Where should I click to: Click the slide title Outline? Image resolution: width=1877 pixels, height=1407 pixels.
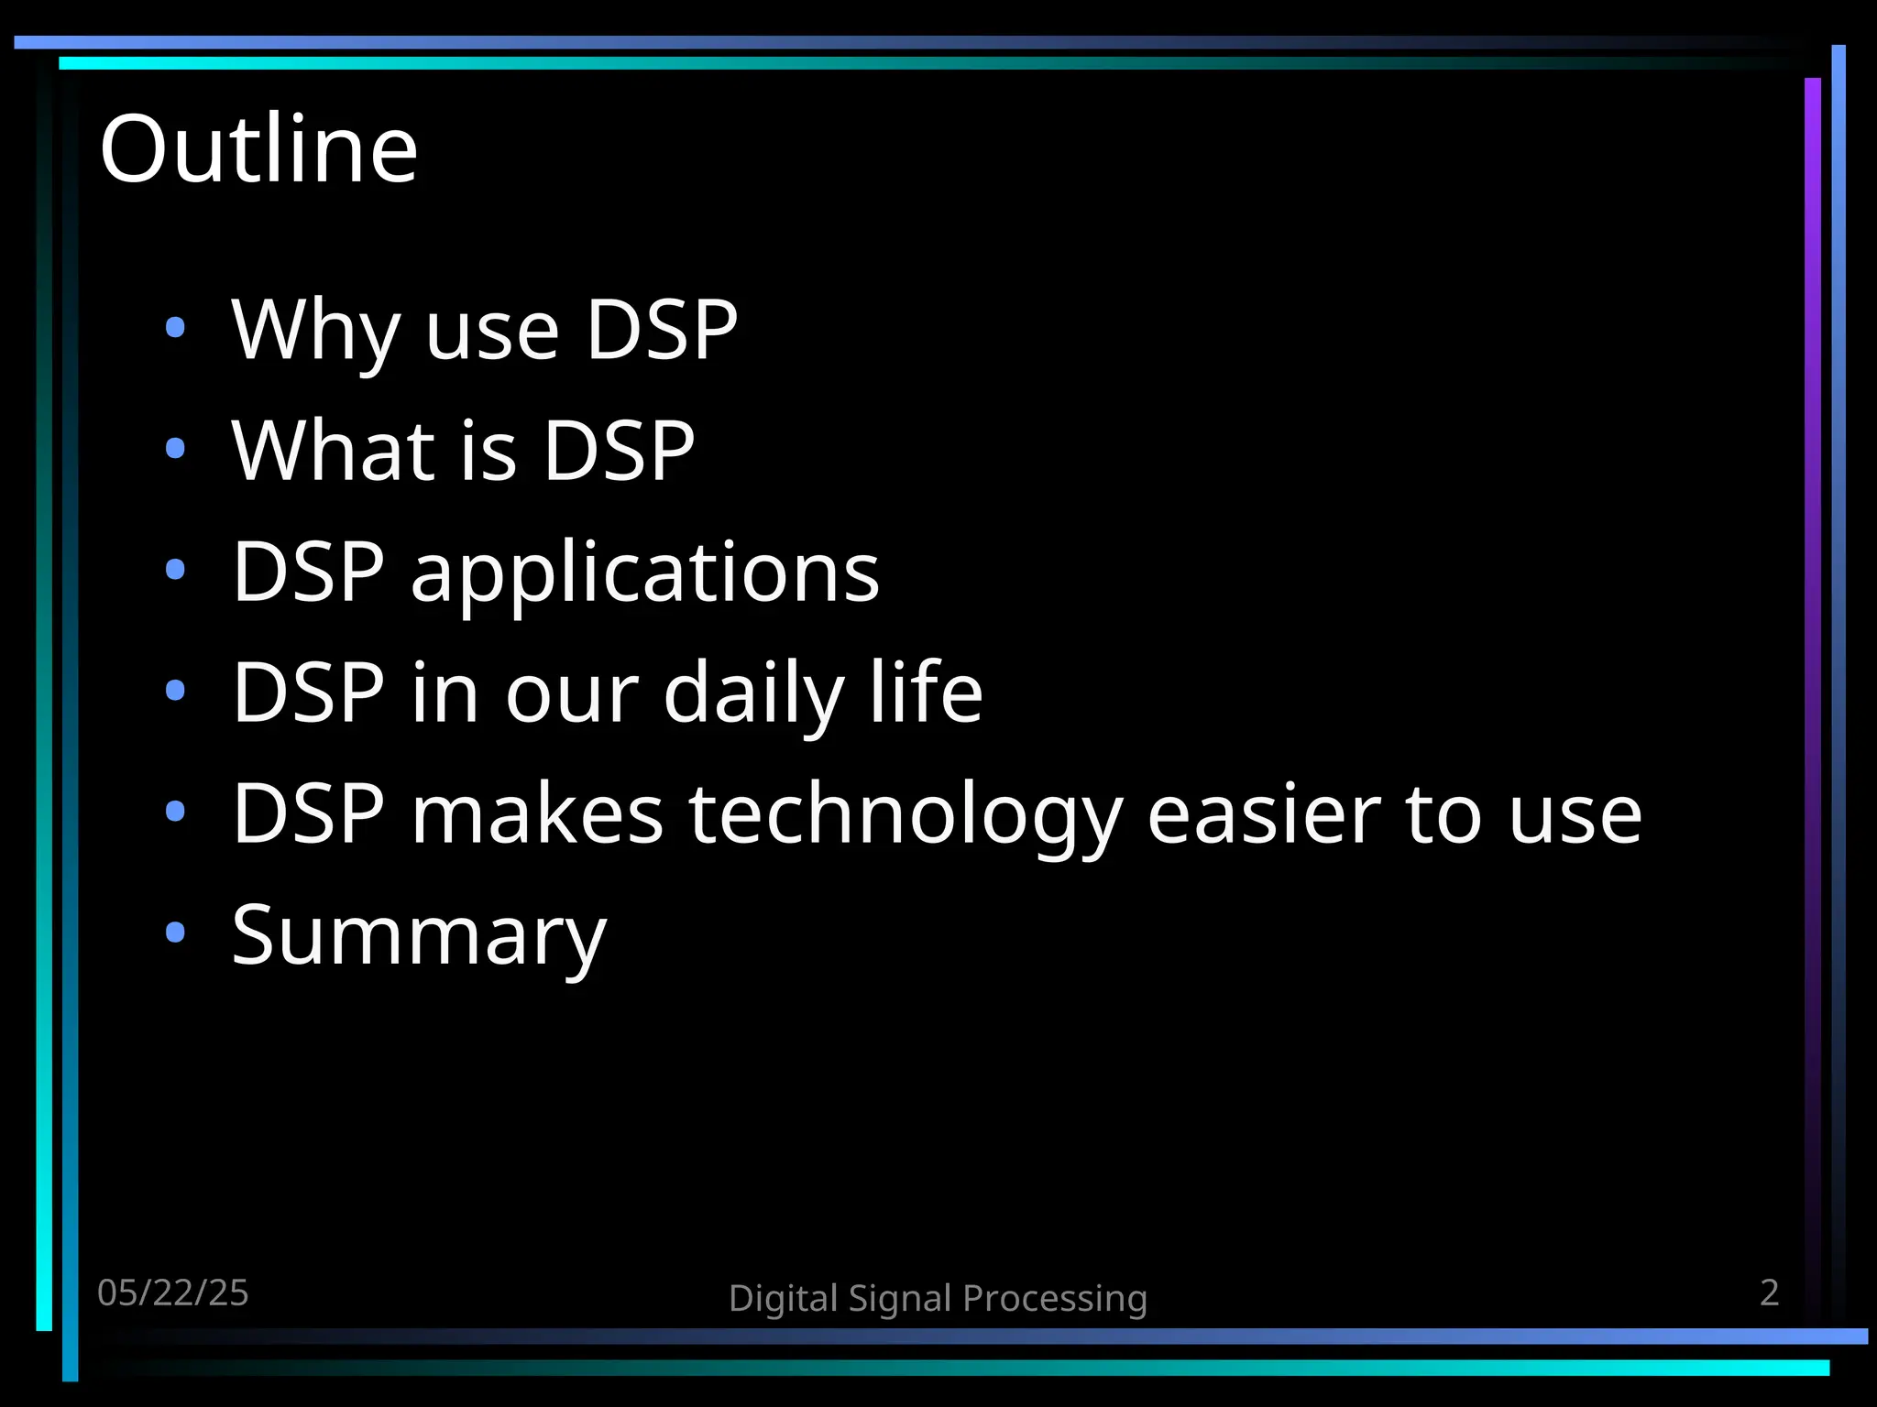[x=258, y=149]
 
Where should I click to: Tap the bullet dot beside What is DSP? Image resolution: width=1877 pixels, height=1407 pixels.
[x=175, y=449]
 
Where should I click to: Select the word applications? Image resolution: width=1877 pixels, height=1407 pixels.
[x=644, y=573]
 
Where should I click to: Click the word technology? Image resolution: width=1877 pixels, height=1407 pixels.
[x=906, y=813]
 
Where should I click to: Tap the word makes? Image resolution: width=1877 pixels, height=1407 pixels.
[x=536, y=813]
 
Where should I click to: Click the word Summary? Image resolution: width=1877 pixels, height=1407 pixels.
[x=419, y=936]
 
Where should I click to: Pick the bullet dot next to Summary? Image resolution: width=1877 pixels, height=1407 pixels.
[x=175, y=933]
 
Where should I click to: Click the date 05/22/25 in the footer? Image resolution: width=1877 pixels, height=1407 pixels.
[x=172, y=1292]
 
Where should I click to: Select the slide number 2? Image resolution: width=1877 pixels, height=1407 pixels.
[x=1769, y=1292]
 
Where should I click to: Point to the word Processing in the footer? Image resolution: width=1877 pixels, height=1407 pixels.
[x=1055, y=1299]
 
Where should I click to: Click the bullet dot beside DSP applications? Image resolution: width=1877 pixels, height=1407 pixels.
[x=175, y=570]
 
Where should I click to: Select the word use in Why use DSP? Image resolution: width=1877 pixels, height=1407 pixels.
[x=492, y=332]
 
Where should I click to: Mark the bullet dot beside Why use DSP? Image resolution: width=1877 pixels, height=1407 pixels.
[x=175, y=327]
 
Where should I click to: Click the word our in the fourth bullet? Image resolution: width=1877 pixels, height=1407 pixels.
[x=572, y=694]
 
